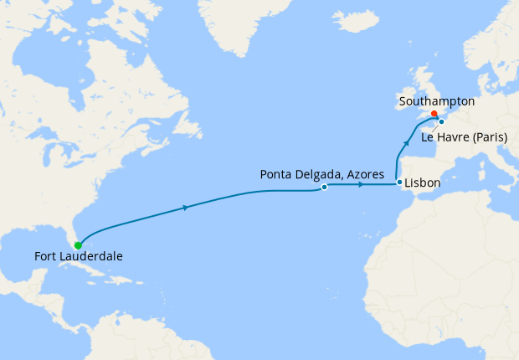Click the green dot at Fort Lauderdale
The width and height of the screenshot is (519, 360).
pos(78,245)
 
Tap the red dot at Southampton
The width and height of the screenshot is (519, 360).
pos(433,114)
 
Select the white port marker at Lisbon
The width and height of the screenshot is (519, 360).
pos(399,183)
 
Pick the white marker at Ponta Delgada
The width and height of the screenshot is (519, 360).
pos(324,188)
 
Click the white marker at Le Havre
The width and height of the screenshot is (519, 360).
pos(441,121)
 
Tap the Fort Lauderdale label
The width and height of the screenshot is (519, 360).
pos(78,257)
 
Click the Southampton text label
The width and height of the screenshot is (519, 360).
pos(438,101)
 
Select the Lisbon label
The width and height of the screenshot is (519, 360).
pos(423,182)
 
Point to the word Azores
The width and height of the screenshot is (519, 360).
pos(364,174)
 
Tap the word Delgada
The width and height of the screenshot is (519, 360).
pos(315,174)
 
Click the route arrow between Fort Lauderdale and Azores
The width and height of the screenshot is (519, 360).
pos(184,207)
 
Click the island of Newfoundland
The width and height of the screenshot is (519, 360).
pos(195,126)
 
